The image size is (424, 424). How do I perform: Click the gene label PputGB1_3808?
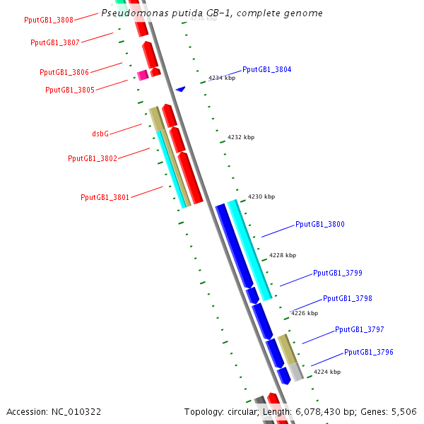pyautogui.click(x=49, y=20)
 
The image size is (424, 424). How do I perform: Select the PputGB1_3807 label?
pyautogui.click(x=55, y=42)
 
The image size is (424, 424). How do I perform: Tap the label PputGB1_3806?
pyautogui.click(x=64, y=72)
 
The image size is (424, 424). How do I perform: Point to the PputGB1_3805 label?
pyautogui.click(x=70, y=90)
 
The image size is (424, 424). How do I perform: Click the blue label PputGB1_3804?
pyautogui.click(x=266, y=69)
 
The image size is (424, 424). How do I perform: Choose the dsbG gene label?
pyautogui.click(x=100, y=133)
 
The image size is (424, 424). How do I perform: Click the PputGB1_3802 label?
pyautogui.click(x=93, y=158)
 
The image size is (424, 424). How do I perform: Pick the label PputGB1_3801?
pyautogui.click(x=105, y=197)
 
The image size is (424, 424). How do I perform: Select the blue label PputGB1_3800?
pyautogui.click(x=320, y=224)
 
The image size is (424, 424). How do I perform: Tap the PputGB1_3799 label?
pyautogui.click(x=338, y=273)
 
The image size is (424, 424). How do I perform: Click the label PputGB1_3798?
pyautogui.click(x=348, y=298)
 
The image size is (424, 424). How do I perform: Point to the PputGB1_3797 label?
pyautogui.click(x=360, y=329)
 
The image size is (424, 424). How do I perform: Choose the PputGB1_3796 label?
pyautogui.click(x=369, y=352)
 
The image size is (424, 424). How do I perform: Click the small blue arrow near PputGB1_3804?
pyautogui.click(x=181, y=89)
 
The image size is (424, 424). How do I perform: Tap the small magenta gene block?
pyautogui.click(x=142, y=75)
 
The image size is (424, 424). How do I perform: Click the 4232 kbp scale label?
pyautogui.click(x=241, y=138)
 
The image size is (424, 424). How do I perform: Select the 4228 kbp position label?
pyautogui.click(x=283, y=255)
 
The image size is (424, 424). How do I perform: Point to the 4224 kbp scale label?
pyautogui.click(x=327, y=371)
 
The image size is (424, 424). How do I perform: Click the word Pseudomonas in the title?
pyautogui.click(x=129, y=13)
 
